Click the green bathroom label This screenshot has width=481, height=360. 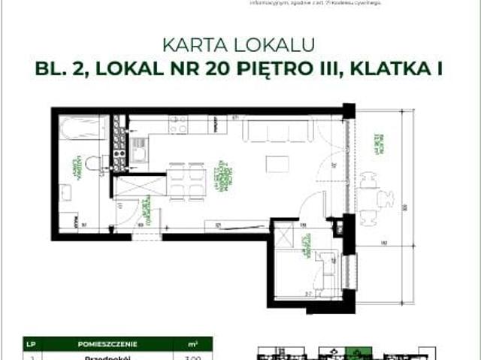76,170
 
